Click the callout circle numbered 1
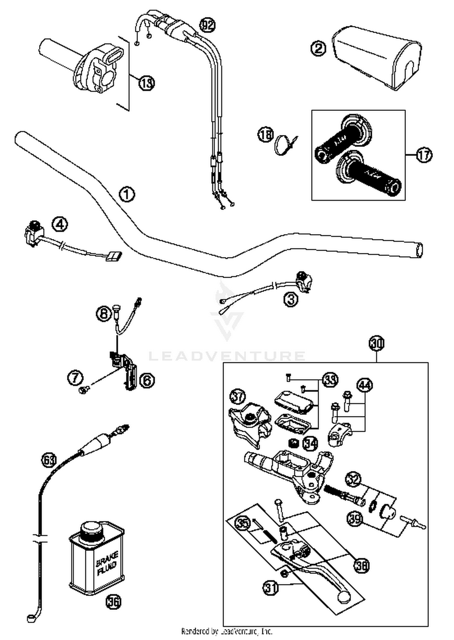tap(127, 194)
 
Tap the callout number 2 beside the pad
tap(318, 48)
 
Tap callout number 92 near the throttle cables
tap(207, 26)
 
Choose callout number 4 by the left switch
tap(60, 225)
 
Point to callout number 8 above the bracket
tap(104, 313)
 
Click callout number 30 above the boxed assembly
tap(376, 343)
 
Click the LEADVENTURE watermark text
tap(227, 356)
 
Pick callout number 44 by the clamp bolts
tap(365, 385)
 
